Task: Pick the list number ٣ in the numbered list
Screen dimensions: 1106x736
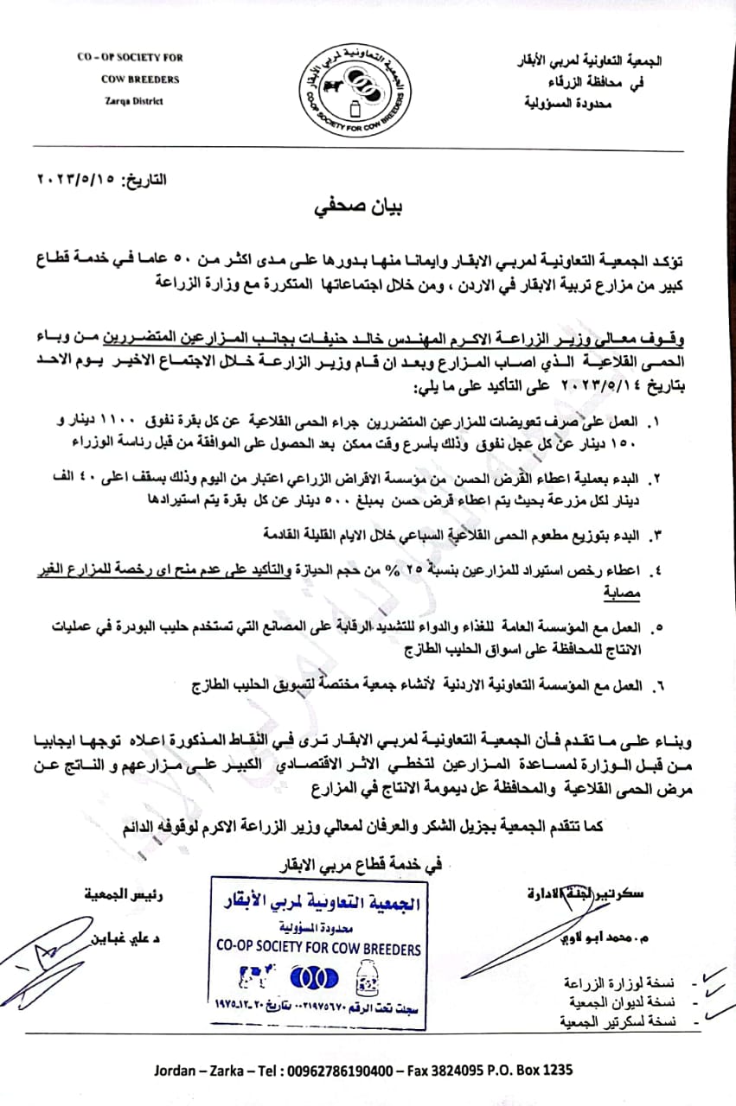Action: (655, 536)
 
